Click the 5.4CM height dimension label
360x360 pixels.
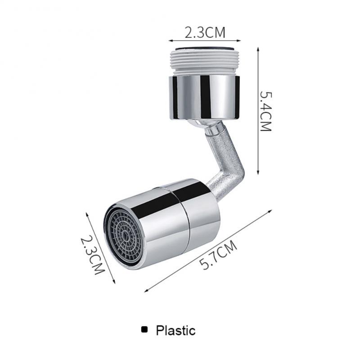click(266, 111)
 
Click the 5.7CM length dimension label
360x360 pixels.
click(219, 256)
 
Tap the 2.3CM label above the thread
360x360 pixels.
click(205, 32)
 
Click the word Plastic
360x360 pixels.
click(175, 331)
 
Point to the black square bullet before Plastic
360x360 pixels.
click(144, 330)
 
